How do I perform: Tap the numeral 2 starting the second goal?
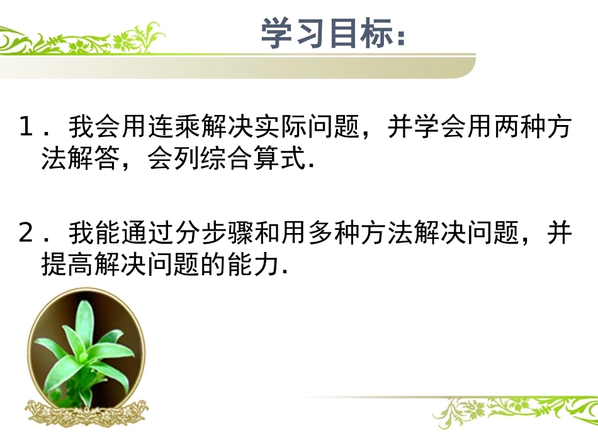[x=26, y=233]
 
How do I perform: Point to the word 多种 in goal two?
[x=331, y=233]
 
